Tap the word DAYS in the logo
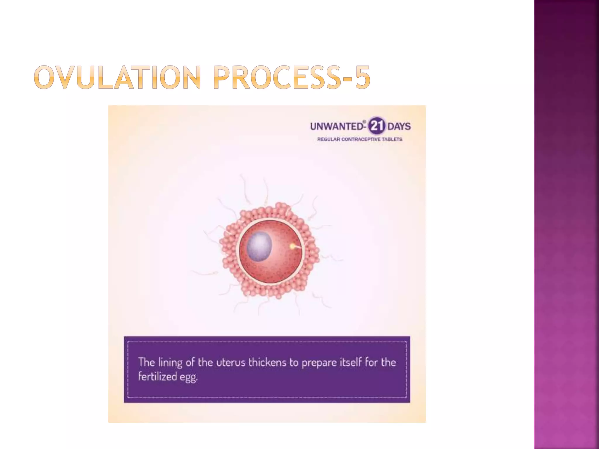click(x=399, y=127)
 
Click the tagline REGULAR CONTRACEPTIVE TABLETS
click(x=360, y=139)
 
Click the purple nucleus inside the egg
click(x=259, y=246)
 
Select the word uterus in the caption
click(x=231, y=362)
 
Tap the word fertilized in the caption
click(x=157, y=376)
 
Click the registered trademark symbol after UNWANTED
click(x=364, y=122)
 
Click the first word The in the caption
click(x=146, y=362)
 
